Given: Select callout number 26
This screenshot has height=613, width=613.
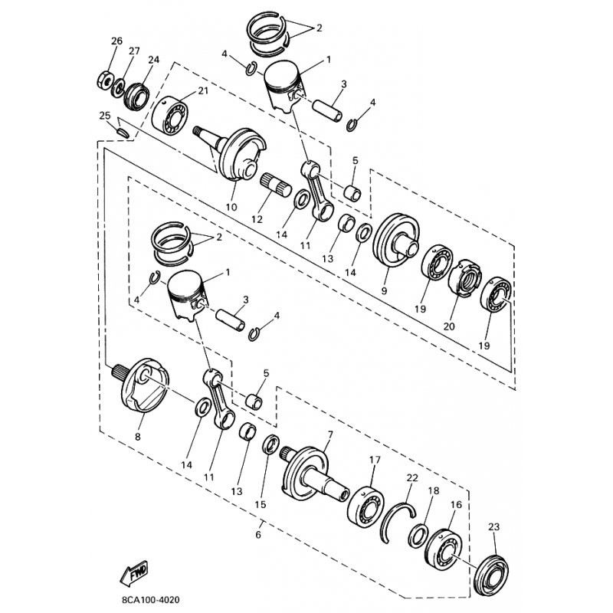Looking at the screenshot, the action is point(116,41).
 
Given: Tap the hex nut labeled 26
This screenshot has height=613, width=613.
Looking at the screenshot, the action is point(104,80).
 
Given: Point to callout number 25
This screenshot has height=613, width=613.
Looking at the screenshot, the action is point(105,116).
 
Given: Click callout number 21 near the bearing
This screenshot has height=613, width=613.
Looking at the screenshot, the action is point(203,90).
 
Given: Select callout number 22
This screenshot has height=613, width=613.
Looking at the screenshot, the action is point(412,477).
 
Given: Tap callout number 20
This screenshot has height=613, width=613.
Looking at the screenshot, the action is point(449,326).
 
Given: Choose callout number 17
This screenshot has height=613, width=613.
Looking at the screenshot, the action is point(375,460).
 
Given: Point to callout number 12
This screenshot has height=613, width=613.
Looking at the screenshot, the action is point(257,219).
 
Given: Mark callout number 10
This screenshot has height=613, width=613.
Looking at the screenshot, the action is point(231,207).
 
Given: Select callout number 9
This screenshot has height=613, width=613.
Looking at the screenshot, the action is point(384,291).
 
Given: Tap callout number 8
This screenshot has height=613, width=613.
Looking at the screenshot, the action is point(138,437).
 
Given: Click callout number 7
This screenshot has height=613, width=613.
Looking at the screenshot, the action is point(330,434).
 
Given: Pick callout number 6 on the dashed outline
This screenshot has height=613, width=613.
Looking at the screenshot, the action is point(257,534).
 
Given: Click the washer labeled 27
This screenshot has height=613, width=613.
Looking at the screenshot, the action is point(118,87).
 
